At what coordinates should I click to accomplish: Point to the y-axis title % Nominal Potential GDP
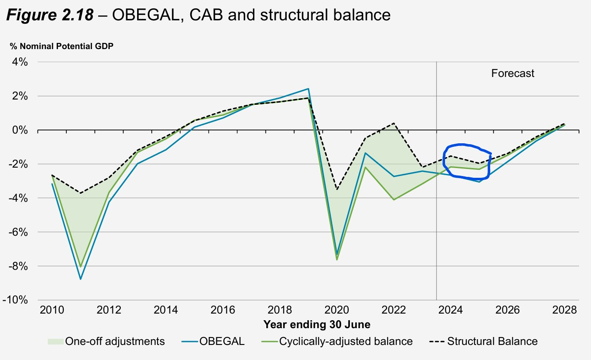[x=59, y=46]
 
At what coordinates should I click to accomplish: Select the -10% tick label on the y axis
[x=16, y=300]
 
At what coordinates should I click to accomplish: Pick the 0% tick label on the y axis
[x=20, y=130]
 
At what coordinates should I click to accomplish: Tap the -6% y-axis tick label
[x=19, y=232]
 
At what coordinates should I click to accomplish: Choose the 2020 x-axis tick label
[x=337, y=310]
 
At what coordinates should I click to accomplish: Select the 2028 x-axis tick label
[x=564, y=310]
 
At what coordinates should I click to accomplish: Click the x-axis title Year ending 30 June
[x=317, y=325]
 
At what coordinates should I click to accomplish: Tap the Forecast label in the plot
[x=513, y=73]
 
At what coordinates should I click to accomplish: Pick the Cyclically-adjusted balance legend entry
[x=345, y=341]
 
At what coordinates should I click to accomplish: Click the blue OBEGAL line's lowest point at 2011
[x=81, y=279]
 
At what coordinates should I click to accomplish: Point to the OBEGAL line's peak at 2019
[x=308, y=89]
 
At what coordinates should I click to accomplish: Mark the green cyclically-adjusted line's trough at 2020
[x=337, y=259]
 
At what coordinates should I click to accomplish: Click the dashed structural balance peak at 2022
[x=394, y=123]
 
